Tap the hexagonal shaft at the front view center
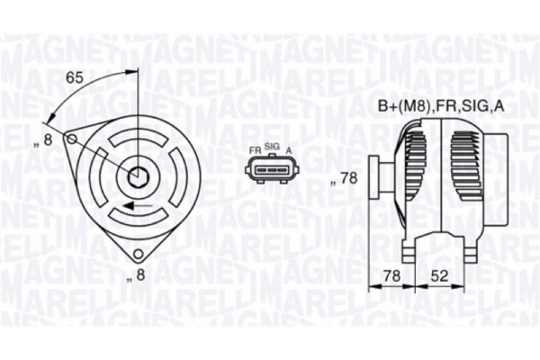[138, 177]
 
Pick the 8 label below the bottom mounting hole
[138, 276]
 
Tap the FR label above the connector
[255, 146]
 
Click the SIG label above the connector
[272, 146]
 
